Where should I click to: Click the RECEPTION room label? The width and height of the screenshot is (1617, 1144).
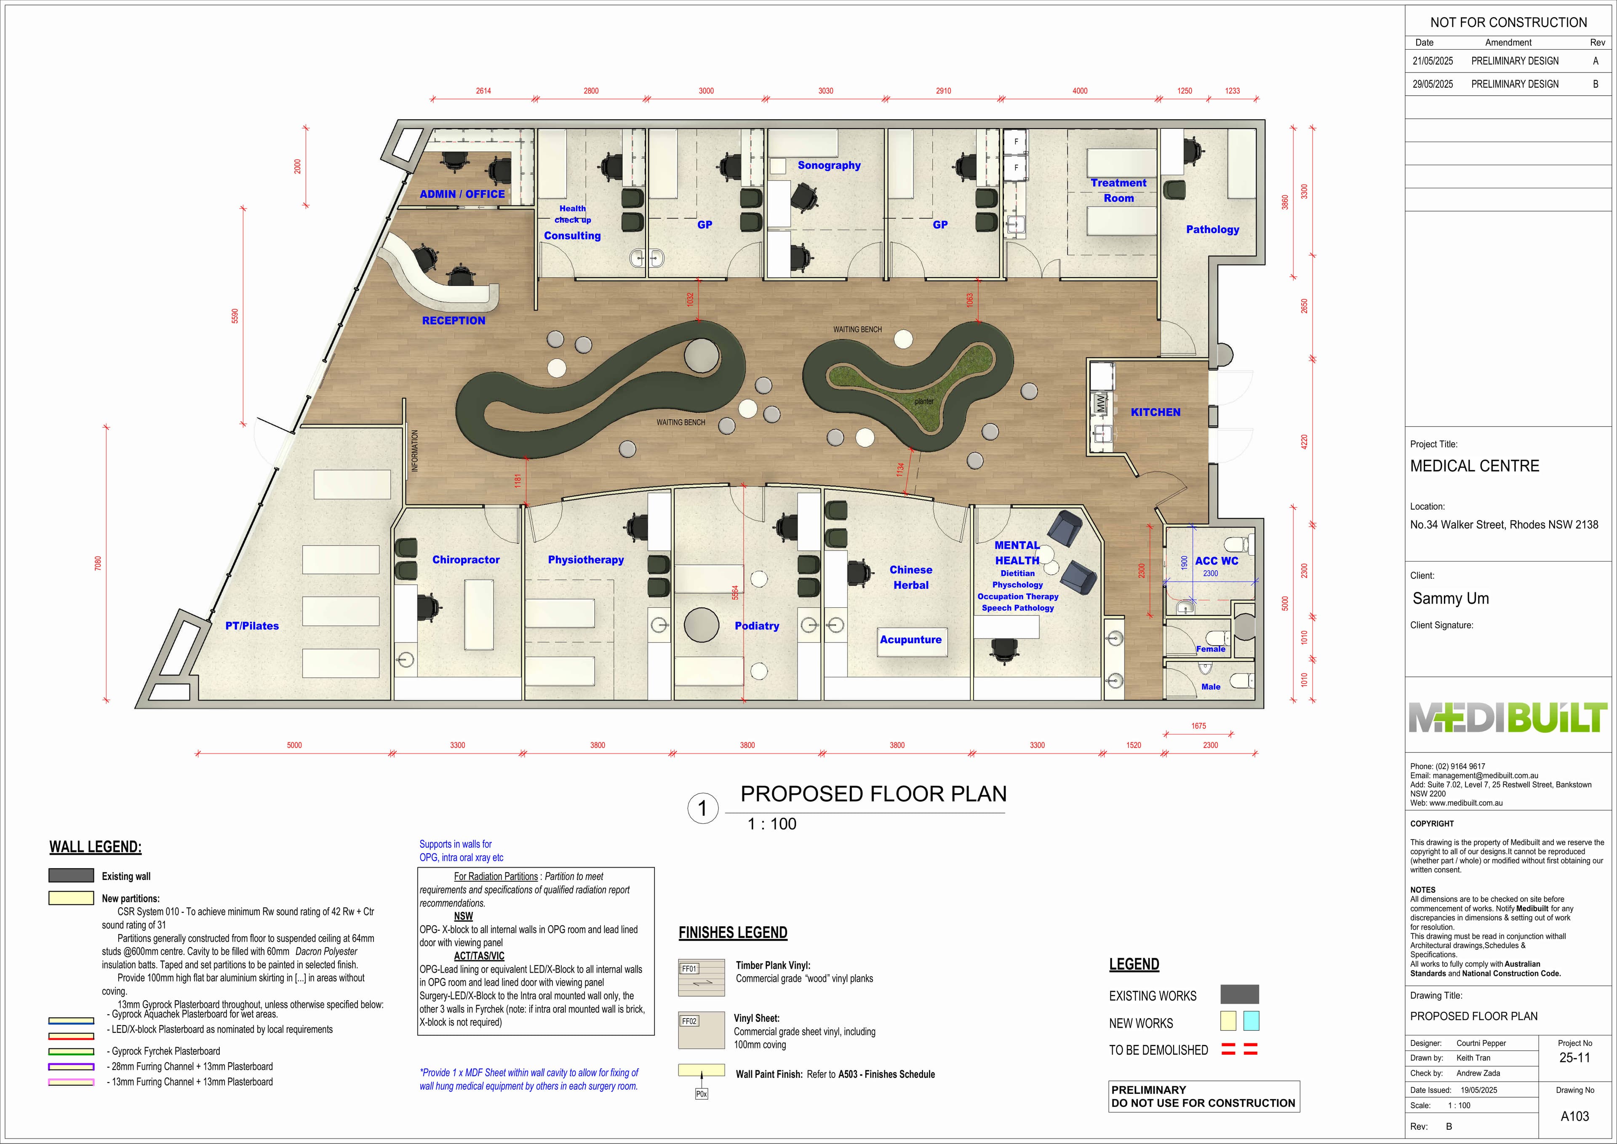tap(454, 321)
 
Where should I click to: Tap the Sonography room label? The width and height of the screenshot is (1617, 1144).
tap(829, 166)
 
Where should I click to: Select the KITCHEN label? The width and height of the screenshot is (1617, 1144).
tap(1155, 412)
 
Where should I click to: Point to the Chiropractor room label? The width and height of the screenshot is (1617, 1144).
tap(466, 560)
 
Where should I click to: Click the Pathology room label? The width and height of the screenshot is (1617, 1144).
tap(1212, 230)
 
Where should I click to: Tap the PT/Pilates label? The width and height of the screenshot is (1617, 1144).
tap(252, 625)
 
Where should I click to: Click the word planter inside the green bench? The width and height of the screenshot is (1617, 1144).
tap(924, 401)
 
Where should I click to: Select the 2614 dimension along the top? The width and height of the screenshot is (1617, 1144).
tap(483, 91)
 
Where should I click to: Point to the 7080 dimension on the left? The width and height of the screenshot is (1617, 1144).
tap(98, 564)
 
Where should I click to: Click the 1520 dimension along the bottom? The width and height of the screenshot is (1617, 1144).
tap(1133, 745)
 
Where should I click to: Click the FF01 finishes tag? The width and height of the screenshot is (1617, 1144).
tap(689, 969)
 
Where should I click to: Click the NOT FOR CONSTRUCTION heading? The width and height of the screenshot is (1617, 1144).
tap(1508, 23)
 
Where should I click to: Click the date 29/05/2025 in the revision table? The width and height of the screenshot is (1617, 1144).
tap(1433, 84)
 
